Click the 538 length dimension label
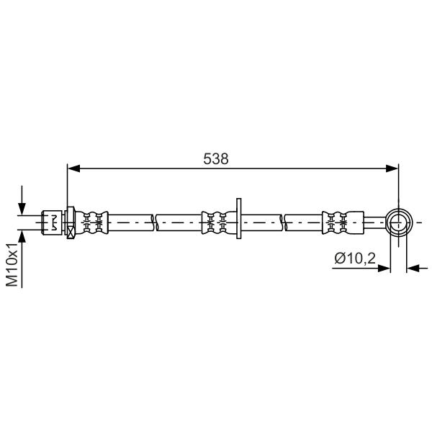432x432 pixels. click(216, 159)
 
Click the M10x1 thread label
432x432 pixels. click(12, 265)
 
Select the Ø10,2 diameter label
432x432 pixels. click(355, 258)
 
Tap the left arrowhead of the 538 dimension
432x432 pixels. click(73, 168)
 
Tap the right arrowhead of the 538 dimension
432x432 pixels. click(392, 168)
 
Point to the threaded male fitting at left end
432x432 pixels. click(52, 222)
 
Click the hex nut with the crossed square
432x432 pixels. click(71, 222)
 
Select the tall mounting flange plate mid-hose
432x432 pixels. click(239, 218)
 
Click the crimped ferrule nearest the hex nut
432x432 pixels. click(91, 222)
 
